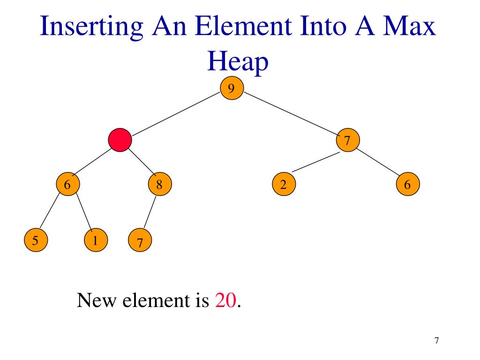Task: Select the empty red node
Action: (x=120, y=140)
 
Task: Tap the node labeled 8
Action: (x=159, y=185)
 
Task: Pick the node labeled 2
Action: (x=283, y=185)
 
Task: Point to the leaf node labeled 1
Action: (x=95, y=241)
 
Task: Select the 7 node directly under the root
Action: (x=347, y=140)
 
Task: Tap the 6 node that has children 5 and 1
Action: (x=67, y=185)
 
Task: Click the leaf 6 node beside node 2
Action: (x=407, y=185)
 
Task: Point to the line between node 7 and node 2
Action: (x=315, y=162)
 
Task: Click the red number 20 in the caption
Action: (x=226, y=300)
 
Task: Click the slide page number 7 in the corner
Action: (x=437, y=341)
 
